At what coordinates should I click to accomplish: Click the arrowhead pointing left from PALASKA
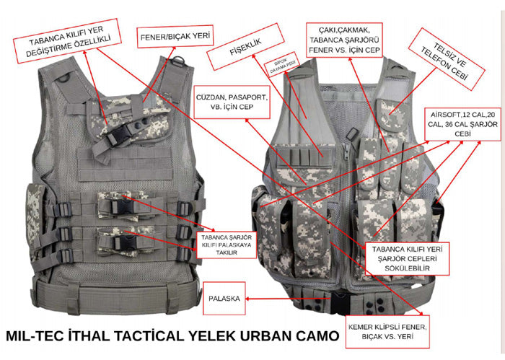(x=247, y=297)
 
